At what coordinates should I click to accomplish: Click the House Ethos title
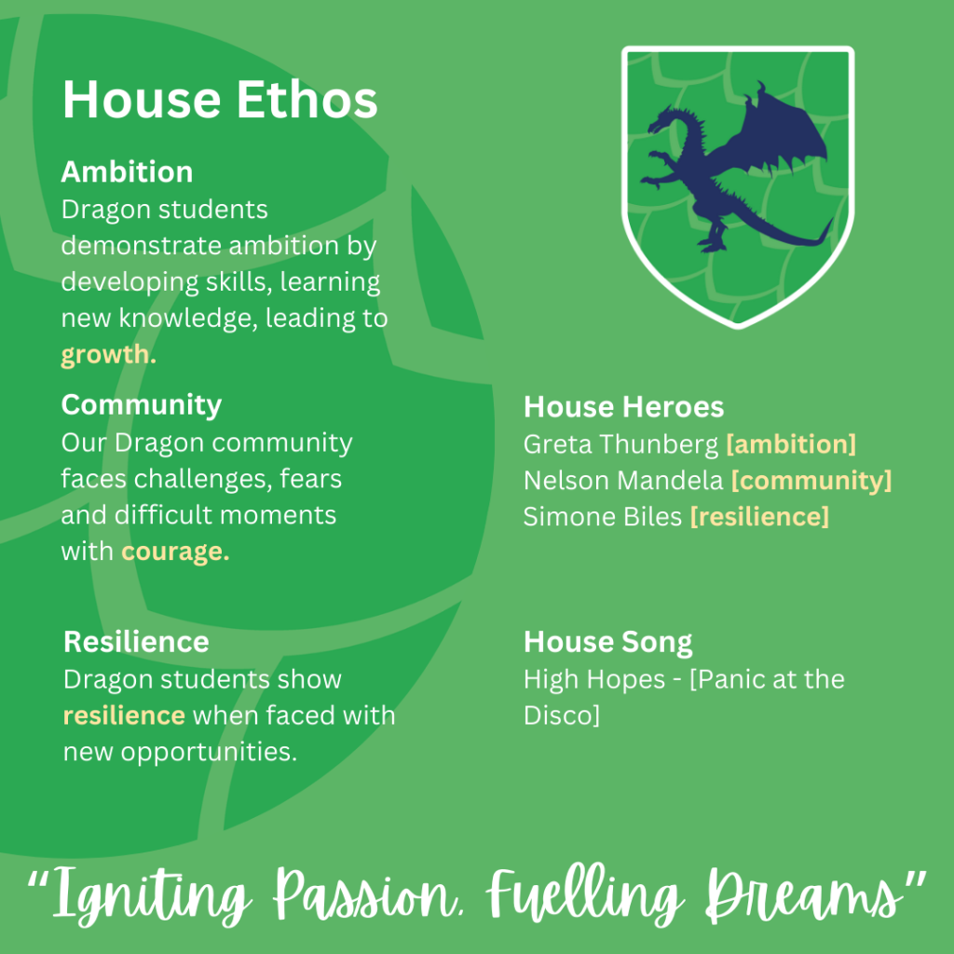(x=220, y=99)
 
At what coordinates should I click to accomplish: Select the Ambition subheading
(x=127, y=171)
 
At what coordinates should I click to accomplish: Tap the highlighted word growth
(x=108, y=355)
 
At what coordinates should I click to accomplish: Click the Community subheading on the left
(x=142, y=405)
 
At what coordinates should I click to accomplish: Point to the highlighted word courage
(x=175, y=552)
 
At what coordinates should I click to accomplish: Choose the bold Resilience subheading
(x=136, y=642)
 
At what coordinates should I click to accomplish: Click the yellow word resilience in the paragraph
(x=124, y=715)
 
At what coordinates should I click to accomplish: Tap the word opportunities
(x=209, y=753)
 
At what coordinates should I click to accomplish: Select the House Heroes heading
(x=623, y=406)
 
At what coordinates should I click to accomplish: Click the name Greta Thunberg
(x=621, y=444)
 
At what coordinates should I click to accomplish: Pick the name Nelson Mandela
(x=623, y=481)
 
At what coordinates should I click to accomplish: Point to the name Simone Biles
(x=603, y=517)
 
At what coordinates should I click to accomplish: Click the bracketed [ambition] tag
(x=791, y=444)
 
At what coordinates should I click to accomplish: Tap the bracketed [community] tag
(x=811, y=482)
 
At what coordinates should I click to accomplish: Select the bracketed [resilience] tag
(x=759, y=517)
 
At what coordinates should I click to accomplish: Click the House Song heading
(x=607, y=643)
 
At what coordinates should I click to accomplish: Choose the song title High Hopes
(x=593, y=679)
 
